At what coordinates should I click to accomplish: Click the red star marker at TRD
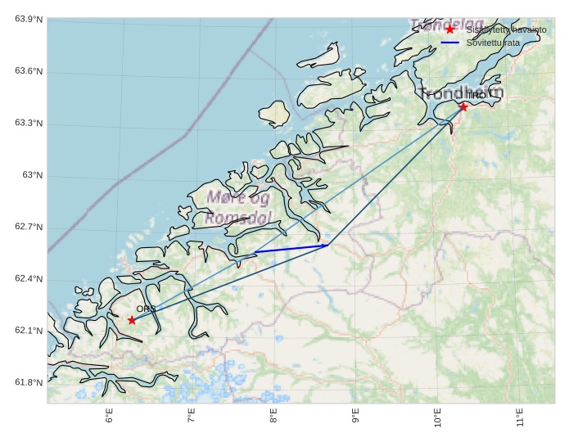pos(463,106)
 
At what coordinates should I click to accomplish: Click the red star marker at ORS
pos(132,320)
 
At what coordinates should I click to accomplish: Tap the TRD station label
pos(476,96)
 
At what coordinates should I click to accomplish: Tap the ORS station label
pos(146,309)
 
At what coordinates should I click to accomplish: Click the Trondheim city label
pos(461,92)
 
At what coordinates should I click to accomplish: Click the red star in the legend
pos(449,29)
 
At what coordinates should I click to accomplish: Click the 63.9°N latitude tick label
pos(29,20)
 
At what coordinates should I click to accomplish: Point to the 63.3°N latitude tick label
pos(29,124)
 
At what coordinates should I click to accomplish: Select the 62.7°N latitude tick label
pos(29,228)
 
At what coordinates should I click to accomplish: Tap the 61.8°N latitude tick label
pos(29,383)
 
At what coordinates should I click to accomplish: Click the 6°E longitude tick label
pos(109,417)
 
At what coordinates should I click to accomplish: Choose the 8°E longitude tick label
pos(273,417)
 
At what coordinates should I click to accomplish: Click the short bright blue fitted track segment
pos(291,249)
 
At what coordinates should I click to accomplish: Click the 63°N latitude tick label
pos(32,175)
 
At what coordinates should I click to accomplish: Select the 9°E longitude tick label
pos(355,417)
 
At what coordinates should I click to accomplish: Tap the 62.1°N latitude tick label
pos(29,331)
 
